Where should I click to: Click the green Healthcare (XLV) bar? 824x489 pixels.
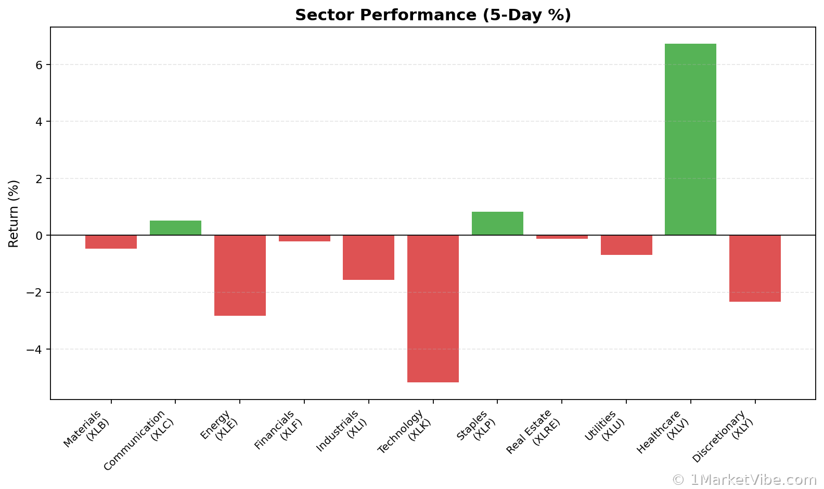tap(690, 139)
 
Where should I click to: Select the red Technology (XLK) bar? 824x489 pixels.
tap(433, 308)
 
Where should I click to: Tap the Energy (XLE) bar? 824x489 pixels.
tap(240, 275)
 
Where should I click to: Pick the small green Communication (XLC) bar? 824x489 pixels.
tap(175, 228)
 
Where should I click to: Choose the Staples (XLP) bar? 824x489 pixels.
tap(497, 224)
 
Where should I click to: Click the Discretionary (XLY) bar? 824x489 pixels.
tap(755, 268)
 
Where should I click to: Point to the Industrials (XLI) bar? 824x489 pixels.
tap(368, 258)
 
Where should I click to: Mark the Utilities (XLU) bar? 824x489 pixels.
tap(626, 245)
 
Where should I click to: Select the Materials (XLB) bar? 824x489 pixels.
tap(111, 242)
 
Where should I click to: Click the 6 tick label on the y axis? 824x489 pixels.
tap(40, 65)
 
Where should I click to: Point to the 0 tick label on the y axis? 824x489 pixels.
tap(40, 236)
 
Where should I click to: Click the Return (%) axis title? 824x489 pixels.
tap(14, 213)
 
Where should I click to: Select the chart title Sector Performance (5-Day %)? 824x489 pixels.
tap(433, 15)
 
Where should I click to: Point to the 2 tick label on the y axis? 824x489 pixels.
tap(40, 179)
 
